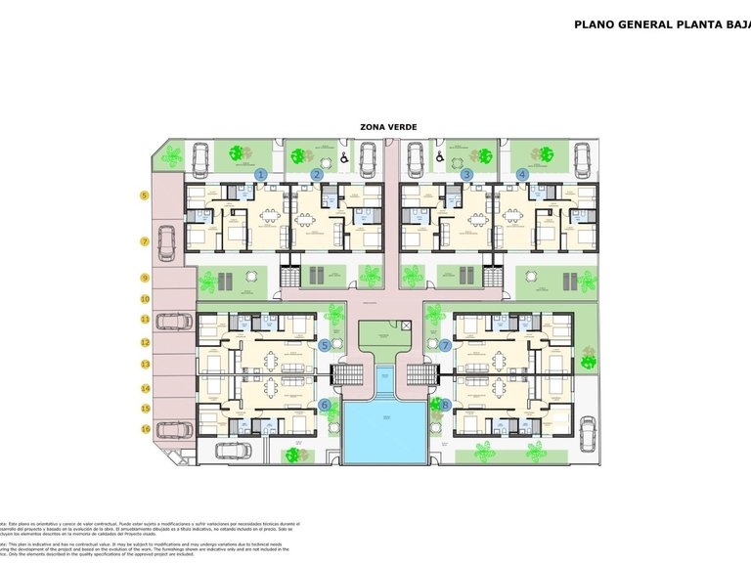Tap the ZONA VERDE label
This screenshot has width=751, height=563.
pos(388,127)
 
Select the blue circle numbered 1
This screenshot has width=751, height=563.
pos(260,174)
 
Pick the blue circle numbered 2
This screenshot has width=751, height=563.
pos(317,174)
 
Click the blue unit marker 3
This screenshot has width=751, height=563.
pos(467,174)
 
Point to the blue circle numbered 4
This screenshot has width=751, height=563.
pos(522,174)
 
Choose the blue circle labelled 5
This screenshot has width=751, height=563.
pos(325,344)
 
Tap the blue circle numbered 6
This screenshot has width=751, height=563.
pos(325,405)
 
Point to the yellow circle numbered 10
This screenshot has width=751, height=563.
pos(144,299)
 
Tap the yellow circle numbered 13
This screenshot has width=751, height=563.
pos(144,365)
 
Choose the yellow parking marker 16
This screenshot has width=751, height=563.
pos(144,428)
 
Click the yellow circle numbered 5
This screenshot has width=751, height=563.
pos(144,195)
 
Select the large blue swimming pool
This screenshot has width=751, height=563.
pos(384,430)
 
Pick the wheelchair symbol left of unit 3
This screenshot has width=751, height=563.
pos(441,156)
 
